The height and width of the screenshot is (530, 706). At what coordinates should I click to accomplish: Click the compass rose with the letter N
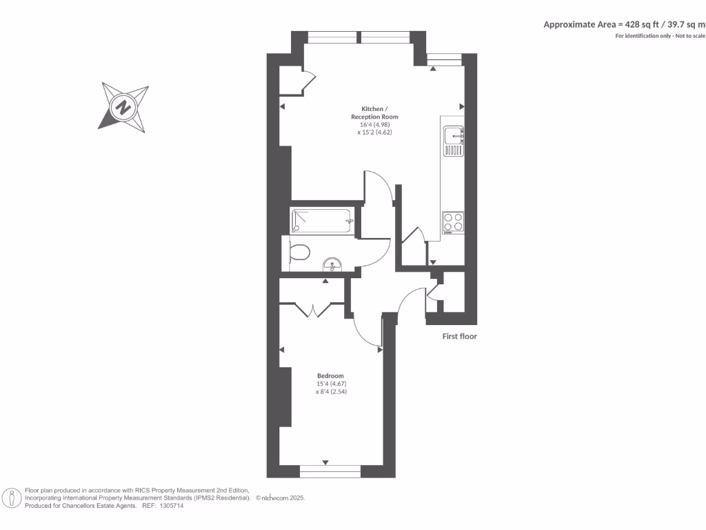tap(124, 107)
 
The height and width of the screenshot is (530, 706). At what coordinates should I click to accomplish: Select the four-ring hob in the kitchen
tap(453, 221)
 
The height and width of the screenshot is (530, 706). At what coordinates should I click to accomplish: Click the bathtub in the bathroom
tap(321, 221)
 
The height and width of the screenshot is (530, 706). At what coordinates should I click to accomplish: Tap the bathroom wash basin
tap(332, 265)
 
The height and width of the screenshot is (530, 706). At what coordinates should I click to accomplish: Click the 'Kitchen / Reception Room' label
tap(374, 112)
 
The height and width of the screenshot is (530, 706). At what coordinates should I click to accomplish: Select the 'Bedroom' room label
tap(330, 375)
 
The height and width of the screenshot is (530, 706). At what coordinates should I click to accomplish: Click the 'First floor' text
tap(459, 337)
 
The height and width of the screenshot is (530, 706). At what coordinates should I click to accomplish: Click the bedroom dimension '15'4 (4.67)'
tap(330, 384)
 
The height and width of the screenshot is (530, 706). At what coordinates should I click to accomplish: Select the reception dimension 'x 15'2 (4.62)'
tap(374, 132)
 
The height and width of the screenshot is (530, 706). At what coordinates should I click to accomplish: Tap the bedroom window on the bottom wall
tap(330, 472)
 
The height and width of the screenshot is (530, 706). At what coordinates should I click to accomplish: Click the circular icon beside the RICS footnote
tap(11, 498)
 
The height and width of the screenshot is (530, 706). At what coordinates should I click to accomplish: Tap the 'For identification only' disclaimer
tap(660, 35)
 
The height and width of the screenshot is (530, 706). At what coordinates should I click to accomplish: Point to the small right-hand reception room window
tap(443, 61)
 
